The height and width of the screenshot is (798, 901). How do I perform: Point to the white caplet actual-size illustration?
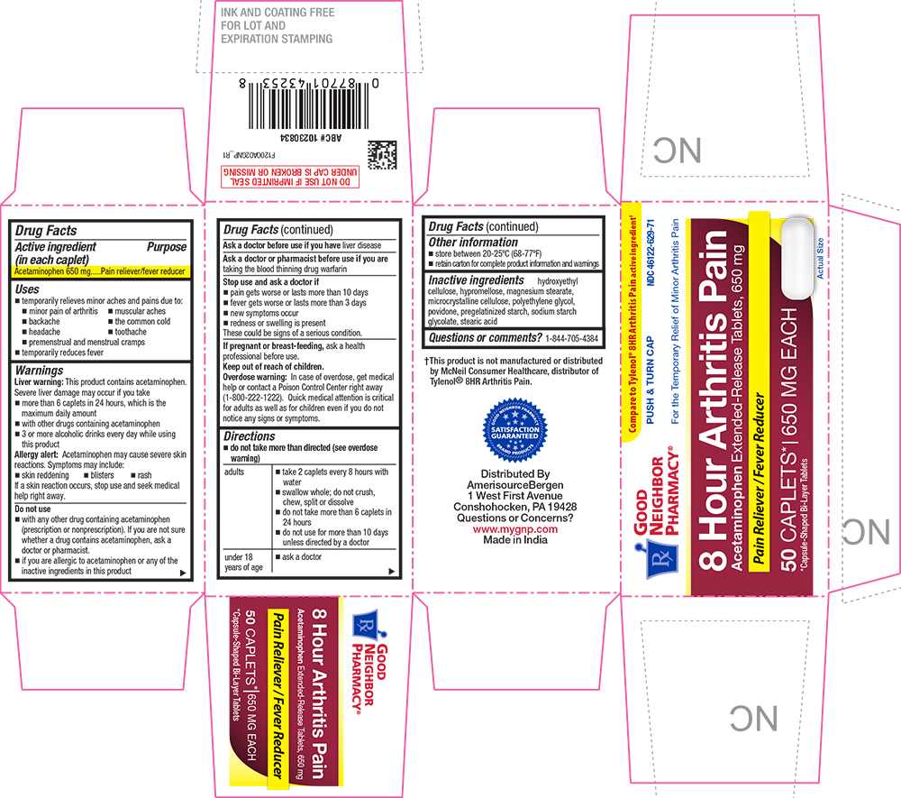point(796,256)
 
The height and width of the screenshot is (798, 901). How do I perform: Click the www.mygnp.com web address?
point(515,529)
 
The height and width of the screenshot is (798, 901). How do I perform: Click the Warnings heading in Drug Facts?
point(39,370)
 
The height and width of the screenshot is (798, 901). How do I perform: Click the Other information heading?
point(472,243)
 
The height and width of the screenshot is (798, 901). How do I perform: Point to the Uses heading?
point(29,288)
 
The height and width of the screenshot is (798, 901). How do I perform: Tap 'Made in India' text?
point(515,541)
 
